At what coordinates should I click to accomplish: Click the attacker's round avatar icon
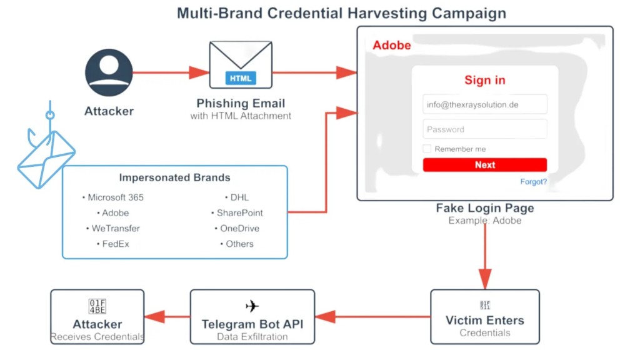tap(109, 72)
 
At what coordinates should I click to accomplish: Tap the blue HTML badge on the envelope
tap(241, 79)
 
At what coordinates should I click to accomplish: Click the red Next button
tap(484, 165)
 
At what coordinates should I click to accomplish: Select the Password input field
tap(484, 129)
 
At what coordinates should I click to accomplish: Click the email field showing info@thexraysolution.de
tap(484, 104)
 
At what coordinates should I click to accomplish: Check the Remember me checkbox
tap(427, 149)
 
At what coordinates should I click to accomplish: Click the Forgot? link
tap(533, 182)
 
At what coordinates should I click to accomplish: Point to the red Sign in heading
tap(484, 80)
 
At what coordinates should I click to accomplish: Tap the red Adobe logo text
tap(392, 45)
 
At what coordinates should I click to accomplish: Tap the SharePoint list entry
tap(239, 213)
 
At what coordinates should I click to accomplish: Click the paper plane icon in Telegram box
tap(252, 306)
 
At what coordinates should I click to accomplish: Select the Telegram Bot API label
tap(252, 324)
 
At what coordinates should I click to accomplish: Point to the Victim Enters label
tap(484, 321)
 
